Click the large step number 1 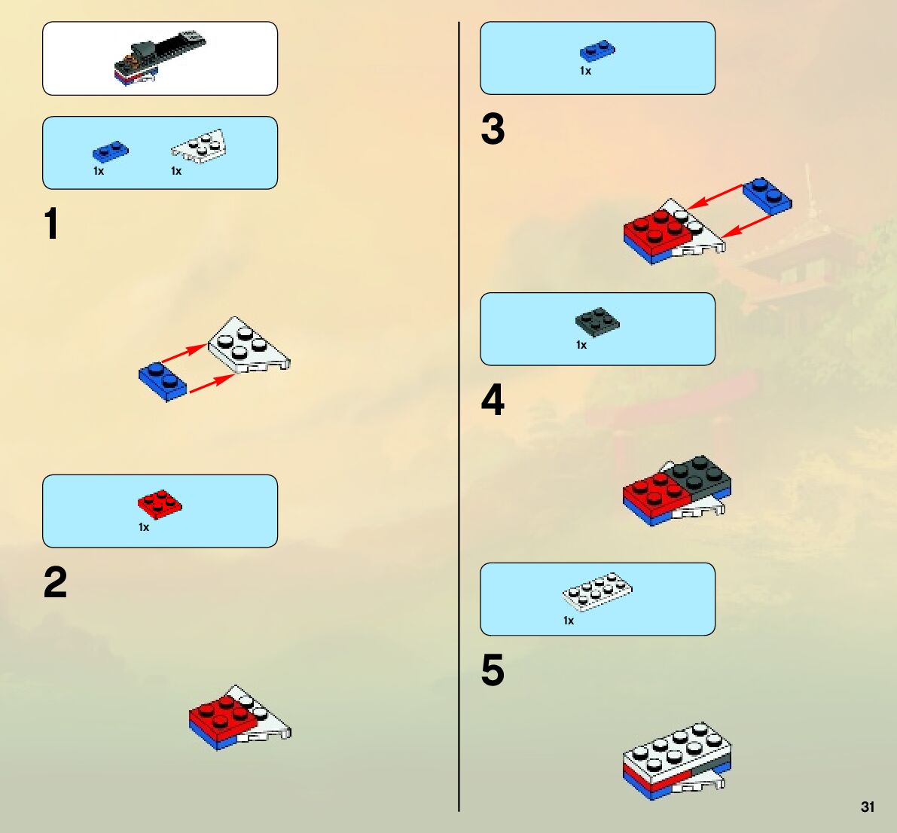click(51, 224)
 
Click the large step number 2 click(55, 582)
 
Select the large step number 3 click(493, 129)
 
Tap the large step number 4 click(493, 400)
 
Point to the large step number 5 click(493, 670)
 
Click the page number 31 click(868, 807)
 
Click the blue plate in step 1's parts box click(111, 151)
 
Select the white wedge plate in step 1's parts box click(199, 146)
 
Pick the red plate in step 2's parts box click(160, 503)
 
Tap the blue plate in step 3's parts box click(597, 51)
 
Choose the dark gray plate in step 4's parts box click(597, 322)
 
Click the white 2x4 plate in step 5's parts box click(596, 591)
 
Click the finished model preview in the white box click(160, 58)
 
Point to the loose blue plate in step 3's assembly click(767, 197)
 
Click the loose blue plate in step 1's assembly click(163, 382)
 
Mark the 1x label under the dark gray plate click(581, 345)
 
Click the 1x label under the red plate click(144, 527)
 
